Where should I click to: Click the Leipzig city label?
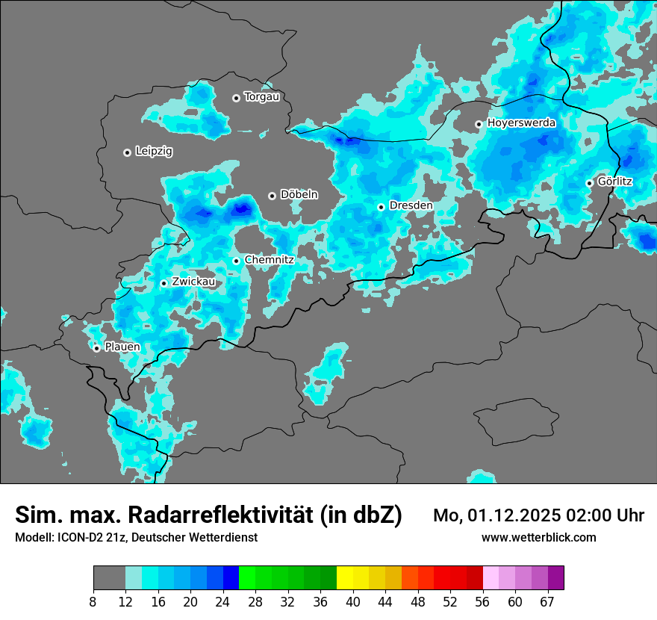pos(154,152)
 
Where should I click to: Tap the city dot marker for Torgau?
pos(236,98)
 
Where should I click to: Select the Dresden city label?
pos(411,205)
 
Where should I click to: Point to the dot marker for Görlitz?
pos(589,183)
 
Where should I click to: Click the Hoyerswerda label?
pos(521,123)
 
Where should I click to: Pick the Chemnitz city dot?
pos(236,261)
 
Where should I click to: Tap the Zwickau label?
pos(193,282)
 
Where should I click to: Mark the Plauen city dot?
pos(97,348)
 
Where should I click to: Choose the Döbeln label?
pos(299,195)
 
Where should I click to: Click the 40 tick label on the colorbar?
pos(353,601)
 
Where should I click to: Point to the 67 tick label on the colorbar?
pos(547,601)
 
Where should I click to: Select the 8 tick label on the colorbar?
pos(93,601)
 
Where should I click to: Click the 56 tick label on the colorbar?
pos(483,601)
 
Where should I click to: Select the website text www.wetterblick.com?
pos(538,538)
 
